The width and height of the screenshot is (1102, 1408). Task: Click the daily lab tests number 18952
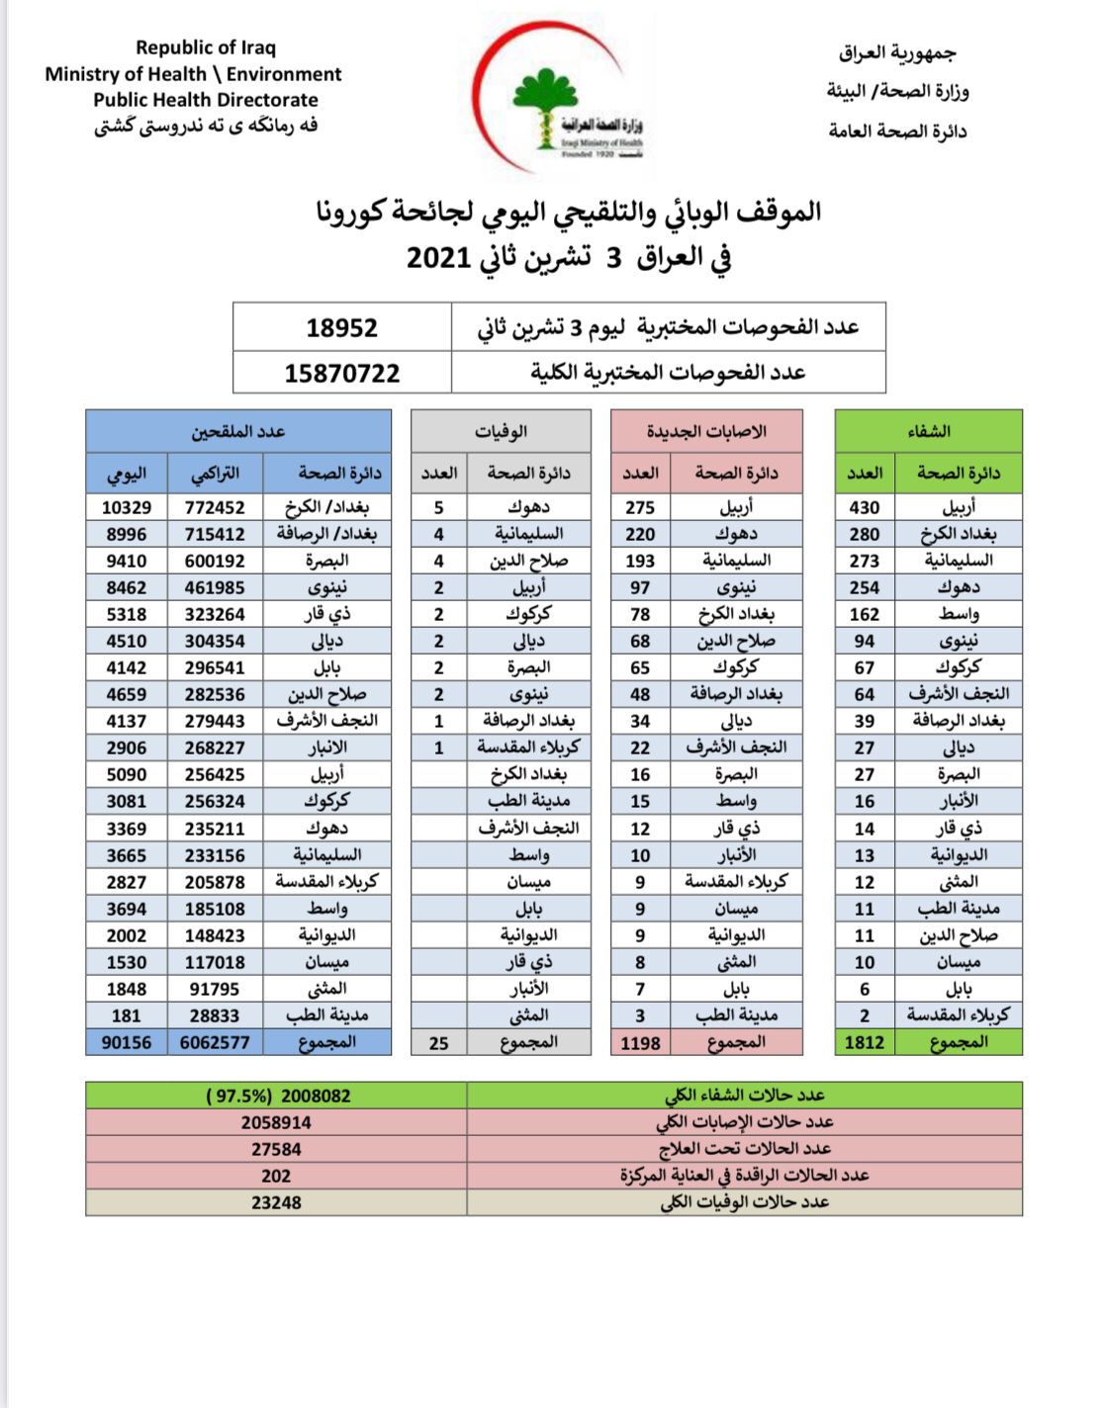[341, 328]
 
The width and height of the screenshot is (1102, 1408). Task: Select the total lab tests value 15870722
[341, 374]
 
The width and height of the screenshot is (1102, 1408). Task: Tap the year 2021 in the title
[437, 258]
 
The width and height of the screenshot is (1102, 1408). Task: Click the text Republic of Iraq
[206, 47]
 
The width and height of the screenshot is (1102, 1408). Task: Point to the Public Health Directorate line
[206, 100]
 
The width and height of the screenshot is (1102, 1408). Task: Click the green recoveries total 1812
[864, 1042]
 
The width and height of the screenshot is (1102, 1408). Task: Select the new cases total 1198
[640, 1042]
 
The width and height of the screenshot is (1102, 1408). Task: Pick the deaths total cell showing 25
[439, 1042]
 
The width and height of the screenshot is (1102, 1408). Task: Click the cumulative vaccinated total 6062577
[215, 1042]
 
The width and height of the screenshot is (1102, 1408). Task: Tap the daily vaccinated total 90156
[127, 1042]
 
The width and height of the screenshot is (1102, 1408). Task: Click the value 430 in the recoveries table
[864, 507]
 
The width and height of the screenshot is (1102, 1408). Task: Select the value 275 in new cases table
[640, 507]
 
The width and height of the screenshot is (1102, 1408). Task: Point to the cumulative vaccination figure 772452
[215, 507]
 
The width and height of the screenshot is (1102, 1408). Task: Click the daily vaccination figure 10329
[127, 507]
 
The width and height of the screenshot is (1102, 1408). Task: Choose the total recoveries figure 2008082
[315, 1096]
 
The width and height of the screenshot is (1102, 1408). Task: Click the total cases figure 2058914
[276, 1122]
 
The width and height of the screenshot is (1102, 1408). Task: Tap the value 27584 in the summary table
[276, 1149]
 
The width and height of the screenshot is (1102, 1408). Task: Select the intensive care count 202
[276, 1176]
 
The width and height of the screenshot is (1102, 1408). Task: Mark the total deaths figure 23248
[276, 1202]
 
